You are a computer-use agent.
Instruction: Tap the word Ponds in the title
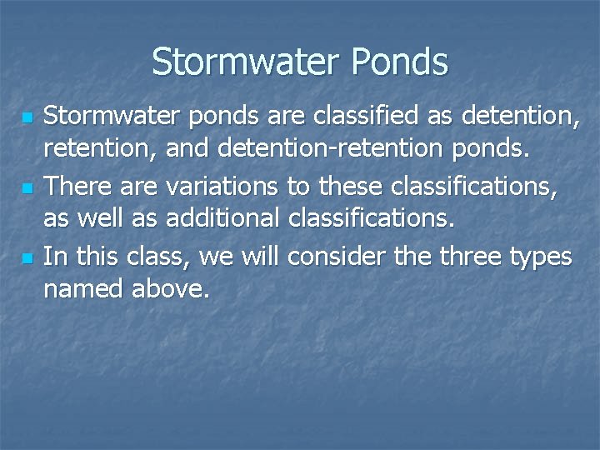click(402, 62)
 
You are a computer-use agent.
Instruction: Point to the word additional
click(222, 221)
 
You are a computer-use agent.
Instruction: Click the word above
click(172, 291)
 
